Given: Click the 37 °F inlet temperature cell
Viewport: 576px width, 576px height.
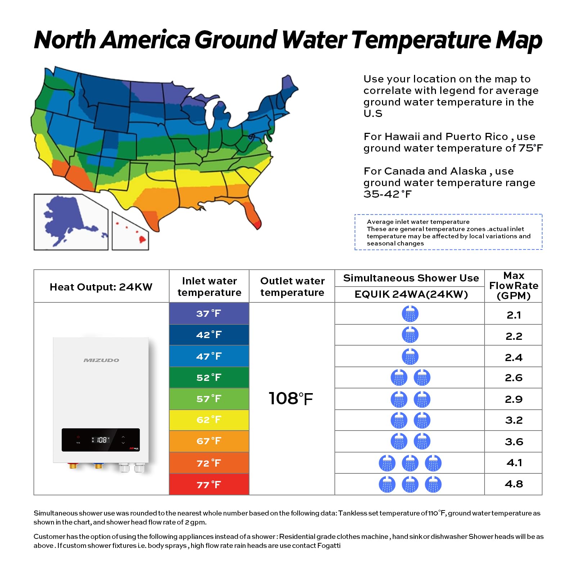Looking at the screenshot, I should tap(209, 314).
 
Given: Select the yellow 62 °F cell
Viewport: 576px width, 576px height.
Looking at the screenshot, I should tap(209, 420).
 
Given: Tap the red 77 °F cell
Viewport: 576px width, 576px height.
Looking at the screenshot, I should tap(209, 485).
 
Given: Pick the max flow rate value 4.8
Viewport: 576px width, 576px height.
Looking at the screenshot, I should tap(514, 484).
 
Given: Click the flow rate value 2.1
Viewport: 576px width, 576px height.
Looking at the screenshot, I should tap(514, 315).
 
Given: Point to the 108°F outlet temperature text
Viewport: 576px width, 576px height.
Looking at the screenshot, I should tap(291, 399).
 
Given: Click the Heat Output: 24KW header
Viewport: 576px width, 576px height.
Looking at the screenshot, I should tap(101, 287).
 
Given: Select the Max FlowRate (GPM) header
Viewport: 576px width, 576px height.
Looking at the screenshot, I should tap(514, 286).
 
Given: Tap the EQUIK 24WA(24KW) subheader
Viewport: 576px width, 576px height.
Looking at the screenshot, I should tap(411, 294).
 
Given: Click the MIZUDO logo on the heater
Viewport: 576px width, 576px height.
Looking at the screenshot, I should tap(102, 360).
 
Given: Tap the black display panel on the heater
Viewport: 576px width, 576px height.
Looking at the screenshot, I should tap(100, 440).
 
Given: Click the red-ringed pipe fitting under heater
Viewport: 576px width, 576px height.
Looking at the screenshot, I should tap(73, 465).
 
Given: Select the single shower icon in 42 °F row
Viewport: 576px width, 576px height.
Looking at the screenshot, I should tap(410, 335).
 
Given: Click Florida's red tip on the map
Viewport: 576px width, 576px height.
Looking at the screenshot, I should tap(257, 225).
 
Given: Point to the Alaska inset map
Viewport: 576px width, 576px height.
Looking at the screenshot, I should tap(71, 221).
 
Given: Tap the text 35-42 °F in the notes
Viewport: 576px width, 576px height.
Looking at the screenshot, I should tap(387, 194).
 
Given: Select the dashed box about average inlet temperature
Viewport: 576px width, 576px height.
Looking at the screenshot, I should tap(449, 232).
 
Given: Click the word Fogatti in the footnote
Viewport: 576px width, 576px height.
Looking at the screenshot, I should tap(329, 545).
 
